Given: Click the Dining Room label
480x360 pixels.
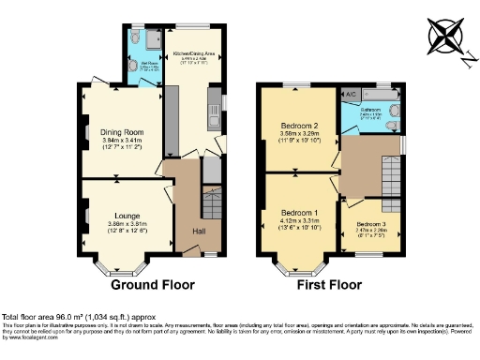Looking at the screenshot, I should [120, 131].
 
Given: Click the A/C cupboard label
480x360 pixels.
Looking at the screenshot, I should [350, 95].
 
